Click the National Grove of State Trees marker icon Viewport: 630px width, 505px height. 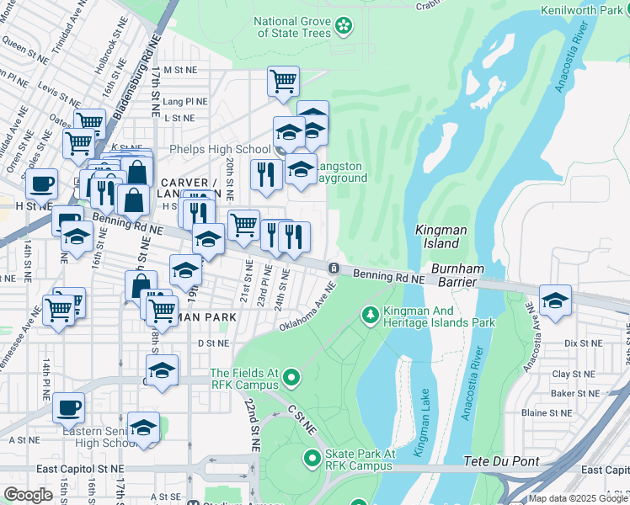344,27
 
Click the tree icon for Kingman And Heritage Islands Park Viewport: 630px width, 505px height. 369,316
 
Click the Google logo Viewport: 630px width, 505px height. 29,495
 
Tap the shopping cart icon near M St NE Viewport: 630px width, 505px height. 284,82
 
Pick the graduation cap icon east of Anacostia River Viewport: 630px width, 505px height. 555,300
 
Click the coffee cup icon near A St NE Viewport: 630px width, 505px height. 69,407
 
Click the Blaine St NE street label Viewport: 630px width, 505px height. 547,413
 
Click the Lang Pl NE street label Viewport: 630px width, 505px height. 186,99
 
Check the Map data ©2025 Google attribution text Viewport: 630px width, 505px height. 579,498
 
